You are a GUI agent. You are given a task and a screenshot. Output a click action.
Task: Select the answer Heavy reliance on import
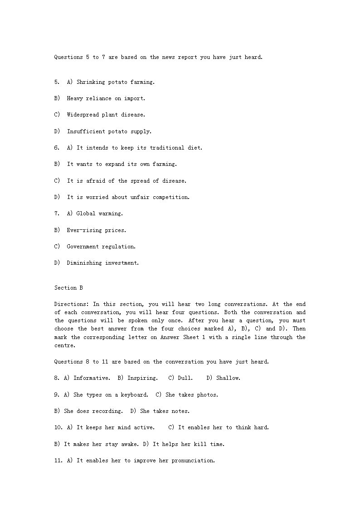tap(106, 98)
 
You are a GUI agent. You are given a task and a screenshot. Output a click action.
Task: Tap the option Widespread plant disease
tap(106, 115)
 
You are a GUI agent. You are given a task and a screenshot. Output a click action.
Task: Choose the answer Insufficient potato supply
tap(109, 131)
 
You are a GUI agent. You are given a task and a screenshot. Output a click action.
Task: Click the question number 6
tap(57, 148)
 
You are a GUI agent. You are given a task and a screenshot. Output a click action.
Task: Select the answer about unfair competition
tap(128, 197)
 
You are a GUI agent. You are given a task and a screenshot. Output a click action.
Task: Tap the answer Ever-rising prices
tap(96, 230)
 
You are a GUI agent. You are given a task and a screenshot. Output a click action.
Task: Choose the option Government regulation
tap(101, 247)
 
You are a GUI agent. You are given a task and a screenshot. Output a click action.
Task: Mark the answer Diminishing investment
tap(102, 263)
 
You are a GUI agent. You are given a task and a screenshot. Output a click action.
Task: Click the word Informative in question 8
tap(91, 378)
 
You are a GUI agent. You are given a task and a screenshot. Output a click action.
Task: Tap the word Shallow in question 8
tap(228, 378)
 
